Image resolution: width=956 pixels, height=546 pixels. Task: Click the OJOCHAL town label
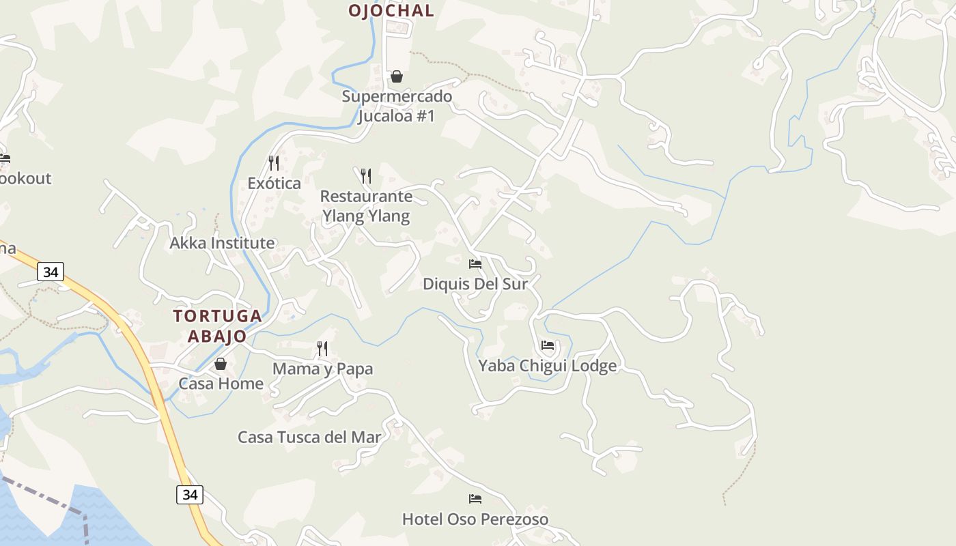click(391, 10)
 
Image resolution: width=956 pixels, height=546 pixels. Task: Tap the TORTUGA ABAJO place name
click(217, 326)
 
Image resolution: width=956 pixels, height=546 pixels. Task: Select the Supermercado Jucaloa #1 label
click(397, 106)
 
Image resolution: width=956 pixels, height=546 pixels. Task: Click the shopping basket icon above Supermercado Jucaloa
click(397, 76)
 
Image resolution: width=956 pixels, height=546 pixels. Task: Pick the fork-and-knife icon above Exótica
click(274, 162)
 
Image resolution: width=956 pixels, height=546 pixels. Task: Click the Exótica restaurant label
click(274, 183)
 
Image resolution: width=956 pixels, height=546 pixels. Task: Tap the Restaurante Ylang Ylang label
click(366, 206)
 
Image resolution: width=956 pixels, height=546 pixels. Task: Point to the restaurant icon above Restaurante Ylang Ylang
click(366, 176)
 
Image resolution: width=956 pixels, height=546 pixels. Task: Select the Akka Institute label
click(222, 243)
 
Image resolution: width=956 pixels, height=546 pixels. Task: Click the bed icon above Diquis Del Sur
click(475, 263)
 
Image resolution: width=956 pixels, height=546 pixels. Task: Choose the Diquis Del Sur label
click(475, 283)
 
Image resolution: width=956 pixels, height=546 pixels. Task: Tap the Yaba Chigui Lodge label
click(547, 366)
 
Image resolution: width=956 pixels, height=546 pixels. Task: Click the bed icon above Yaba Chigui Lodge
click(548, 345)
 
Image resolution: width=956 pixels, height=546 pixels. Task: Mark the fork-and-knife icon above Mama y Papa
click(322, 349)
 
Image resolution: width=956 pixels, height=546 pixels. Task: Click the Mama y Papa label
click(322, 369)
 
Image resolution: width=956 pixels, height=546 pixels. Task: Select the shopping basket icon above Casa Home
click(221, 364)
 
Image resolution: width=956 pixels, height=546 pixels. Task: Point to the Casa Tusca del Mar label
click(309, 437)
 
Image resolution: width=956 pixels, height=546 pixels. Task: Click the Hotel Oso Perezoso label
click(475, 519)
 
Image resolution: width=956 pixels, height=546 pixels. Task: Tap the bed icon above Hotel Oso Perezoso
click(475, 499)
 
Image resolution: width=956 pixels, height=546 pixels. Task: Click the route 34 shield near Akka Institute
click(51, 272)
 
